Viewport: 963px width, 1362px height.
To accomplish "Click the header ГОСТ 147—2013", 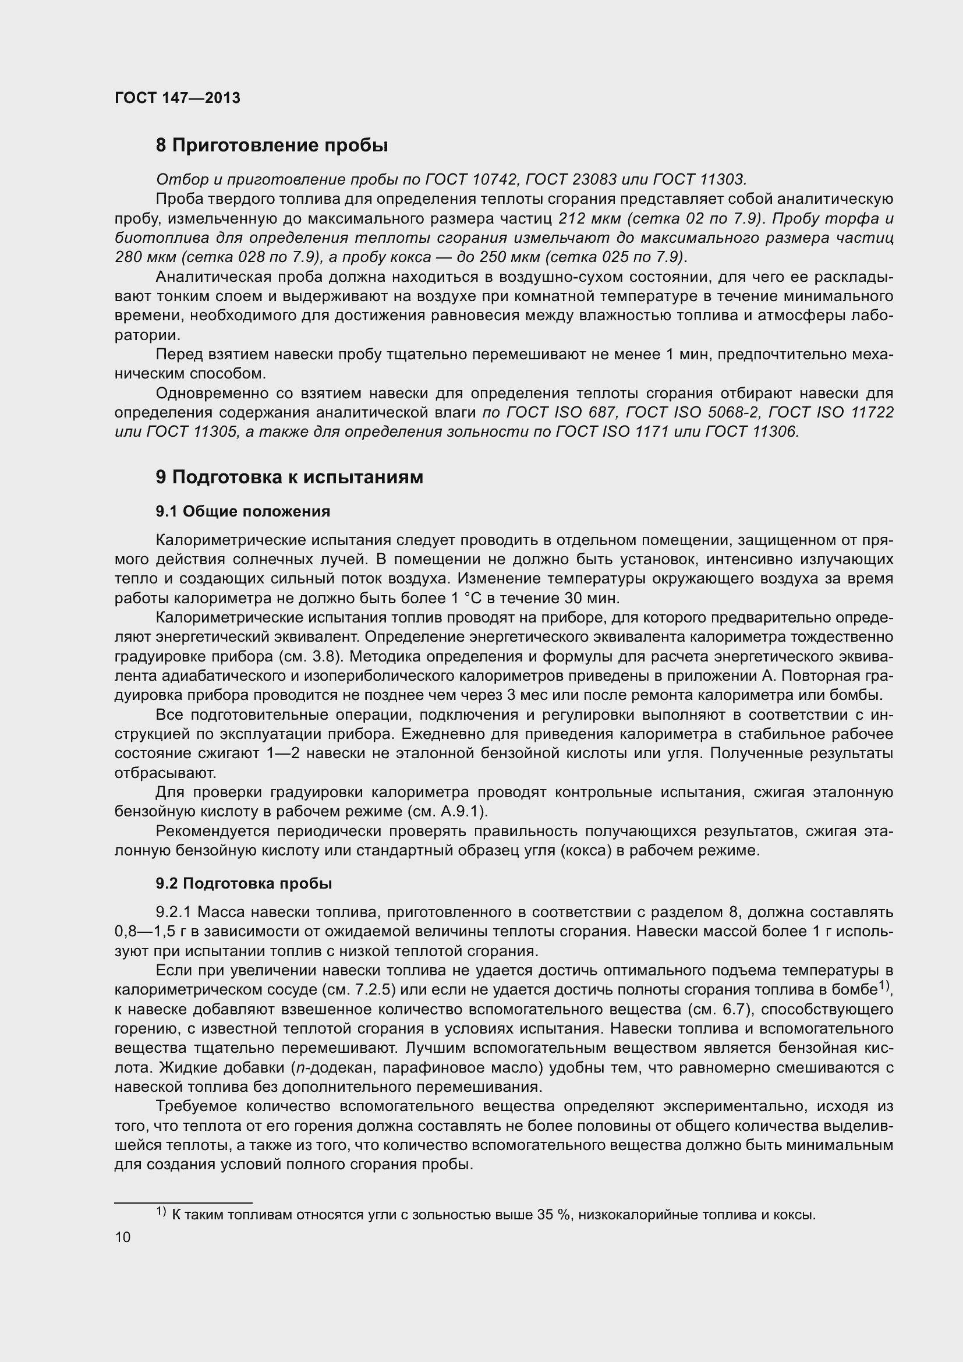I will [178, 98].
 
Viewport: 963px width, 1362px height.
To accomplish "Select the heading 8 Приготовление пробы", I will [271, 146].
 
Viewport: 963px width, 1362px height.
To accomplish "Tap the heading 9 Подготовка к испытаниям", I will [289, 477].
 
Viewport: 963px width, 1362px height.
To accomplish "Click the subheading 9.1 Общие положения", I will [243, 511].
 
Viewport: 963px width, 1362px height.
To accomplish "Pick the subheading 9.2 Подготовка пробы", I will [244, 883].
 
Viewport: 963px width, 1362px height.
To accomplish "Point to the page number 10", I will [123, 1237].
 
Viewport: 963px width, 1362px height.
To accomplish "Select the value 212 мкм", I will [589, 218].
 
